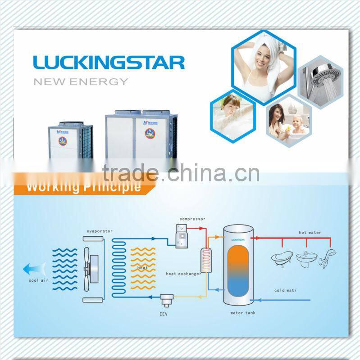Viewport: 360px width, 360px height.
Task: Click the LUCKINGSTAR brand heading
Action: pos(109,62)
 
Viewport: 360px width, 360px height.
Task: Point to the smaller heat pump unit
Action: pos(70,141)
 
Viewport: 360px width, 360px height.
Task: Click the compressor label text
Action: pos(192,219)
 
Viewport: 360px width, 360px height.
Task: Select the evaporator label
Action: pos(100,231)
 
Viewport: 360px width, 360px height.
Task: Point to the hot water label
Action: pos(310,233)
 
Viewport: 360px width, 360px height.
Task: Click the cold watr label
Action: pos(286,290)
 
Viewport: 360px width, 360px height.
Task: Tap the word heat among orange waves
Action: pos(142,267)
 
